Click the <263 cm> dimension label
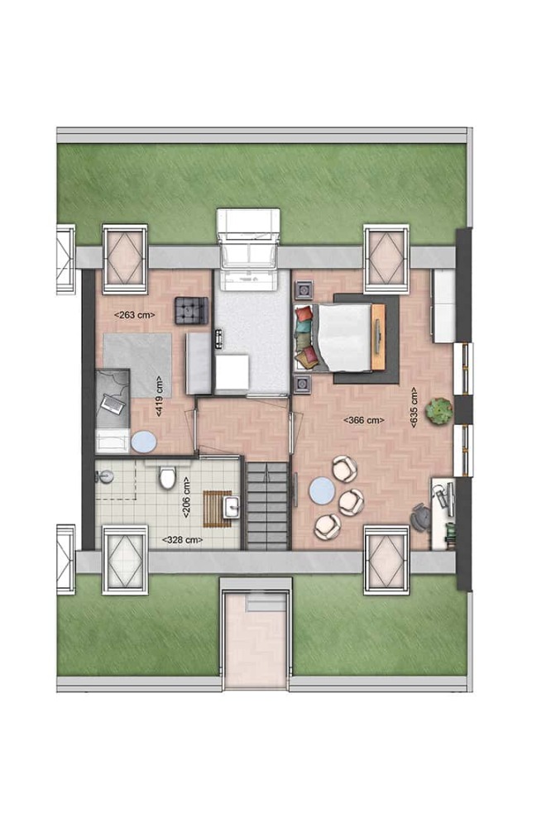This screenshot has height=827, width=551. (x=135, y=315)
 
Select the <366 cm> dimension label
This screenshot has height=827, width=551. (x=364, y=420)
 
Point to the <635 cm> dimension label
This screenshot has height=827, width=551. (x=414, y=409)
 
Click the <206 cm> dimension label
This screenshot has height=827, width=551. (x=186, y=498)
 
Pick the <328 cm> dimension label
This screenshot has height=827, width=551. (x=182, y=540)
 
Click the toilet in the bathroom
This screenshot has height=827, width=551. (x=168, y=476)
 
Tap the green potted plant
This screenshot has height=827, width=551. (x=439, y=410)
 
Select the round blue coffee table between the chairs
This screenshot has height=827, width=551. (x=321, y=491)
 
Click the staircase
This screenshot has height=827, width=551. (x=268, y=506)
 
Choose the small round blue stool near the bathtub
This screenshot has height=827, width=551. (x=143, y=442)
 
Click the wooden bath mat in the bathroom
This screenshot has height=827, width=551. (x=214, y=509)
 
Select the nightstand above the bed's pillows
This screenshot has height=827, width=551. (x=304, y=289)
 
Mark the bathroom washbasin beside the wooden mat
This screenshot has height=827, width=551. (x=232, y=507)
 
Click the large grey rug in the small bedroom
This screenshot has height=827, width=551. (x=137, y=365)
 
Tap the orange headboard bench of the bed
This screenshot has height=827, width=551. (x=378, y=337)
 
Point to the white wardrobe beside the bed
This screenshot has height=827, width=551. (x=443, y=305)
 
